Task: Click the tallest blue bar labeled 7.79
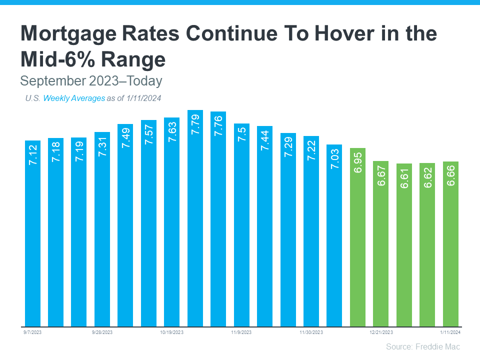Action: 195,220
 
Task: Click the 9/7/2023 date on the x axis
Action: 32,332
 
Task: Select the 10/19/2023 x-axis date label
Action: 172,332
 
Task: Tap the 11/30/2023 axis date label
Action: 311,332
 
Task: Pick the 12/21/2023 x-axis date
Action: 381,332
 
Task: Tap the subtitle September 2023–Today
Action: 91,80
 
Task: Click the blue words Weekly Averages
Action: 74,98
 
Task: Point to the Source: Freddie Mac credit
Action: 423,346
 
